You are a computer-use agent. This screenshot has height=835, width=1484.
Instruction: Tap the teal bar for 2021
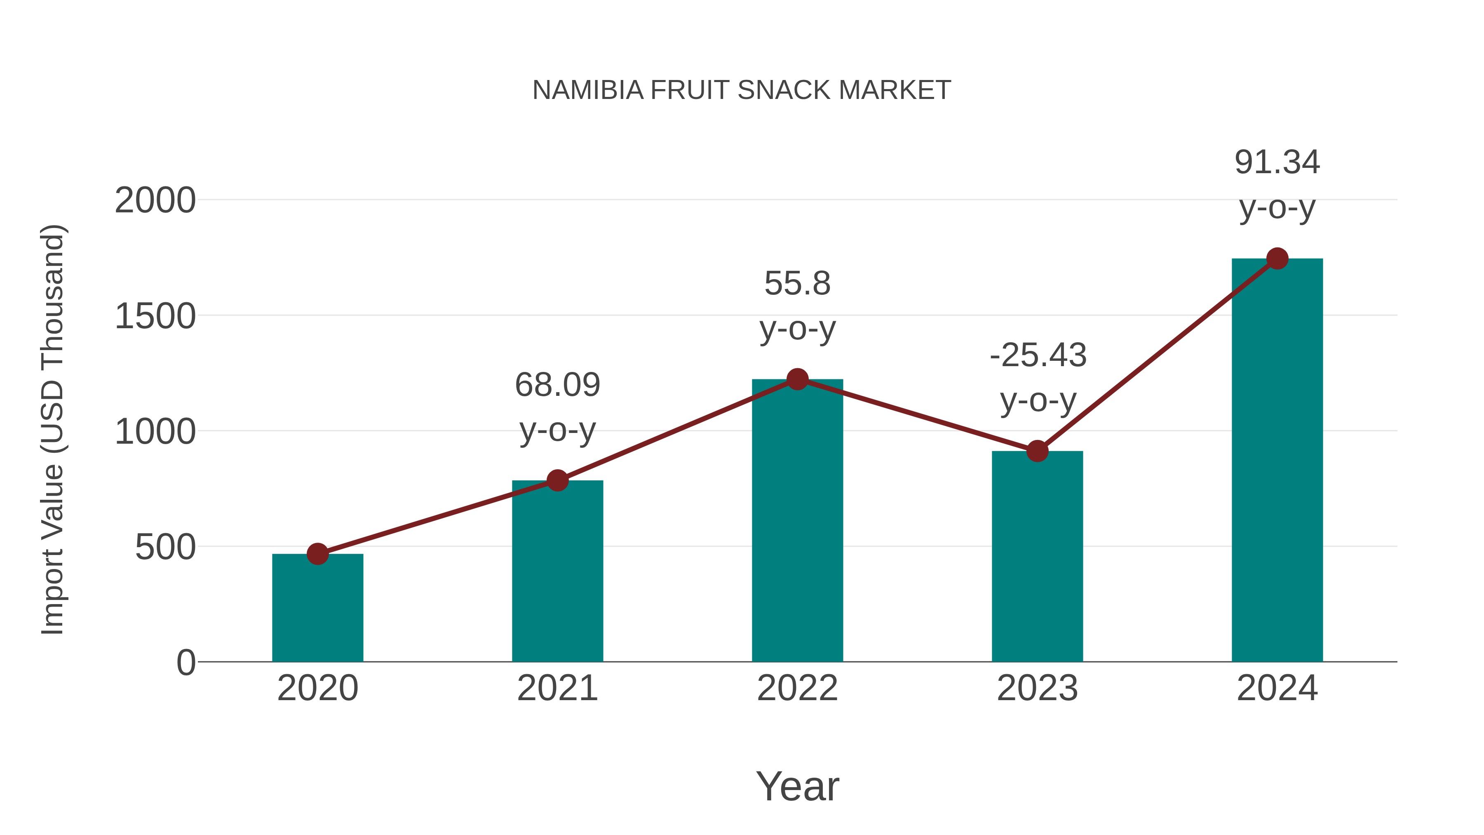(x=557, y=571)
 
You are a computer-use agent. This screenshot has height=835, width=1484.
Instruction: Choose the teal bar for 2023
(x=1037, y=556)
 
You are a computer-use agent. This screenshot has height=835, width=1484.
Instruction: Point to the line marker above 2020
(x=317, y=554)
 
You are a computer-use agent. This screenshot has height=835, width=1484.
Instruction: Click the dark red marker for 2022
(x=797, y=379)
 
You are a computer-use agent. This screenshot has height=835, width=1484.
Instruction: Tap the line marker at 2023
(x=1037, y=451)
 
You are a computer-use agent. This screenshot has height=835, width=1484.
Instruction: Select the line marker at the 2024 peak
(x=1277, y=259)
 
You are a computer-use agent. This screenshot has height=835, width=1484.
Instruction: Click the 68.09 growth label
(x=557, y=385)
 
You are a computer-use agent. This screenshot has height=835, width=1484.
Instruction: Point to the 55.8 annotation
(x=797, y=284)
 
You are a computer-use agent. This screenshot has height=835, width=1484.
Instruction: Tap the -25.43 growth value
(x=1038, y=355)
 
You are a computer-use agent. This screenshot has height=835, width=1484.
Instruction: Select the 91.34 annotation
(x=1277, y=162)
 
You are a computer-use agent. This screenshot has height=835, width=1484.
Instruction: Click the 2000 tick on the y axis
(x=155, y=201)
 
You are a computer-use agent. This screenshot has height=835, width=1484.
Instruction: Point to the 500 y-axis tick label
(x=165, y=548)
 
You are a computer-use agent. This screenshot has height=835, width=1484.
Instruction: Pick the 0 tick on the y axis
(x=185, y=663)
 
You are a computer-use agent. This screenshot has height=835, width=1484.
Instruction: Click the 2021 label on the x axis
(x=557, y=689)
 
